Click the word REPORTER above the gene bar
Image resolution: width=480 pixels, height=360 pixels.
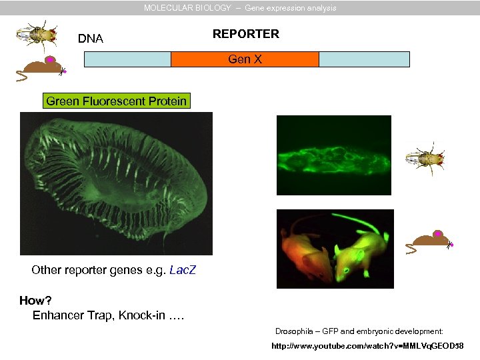tap(245, 34)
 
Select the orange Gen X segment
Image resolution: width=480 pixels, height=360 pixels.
tap(245, 59)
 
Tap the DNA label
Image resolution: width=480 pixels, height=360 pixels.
tap(91, 39)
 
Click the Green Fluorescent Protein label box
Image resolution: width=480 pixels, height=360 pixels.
tap(117, 101)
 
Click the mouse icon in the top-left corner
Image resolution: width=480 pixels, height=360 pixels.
tap(41, 67)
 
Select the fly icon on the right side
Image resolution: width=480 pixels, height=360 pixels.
tap(425, 159)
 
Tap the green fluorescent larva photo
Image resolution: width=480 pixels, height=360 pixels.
tap(333, 155)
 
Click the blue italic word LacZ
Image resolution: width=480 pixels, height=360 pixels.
tap(183, 271)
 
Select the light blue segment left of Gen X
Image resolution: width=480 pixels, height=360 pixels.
tap(127, 59)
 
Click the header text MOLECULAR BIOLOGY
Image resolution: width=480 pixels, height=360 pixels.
tap(187, 8)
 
